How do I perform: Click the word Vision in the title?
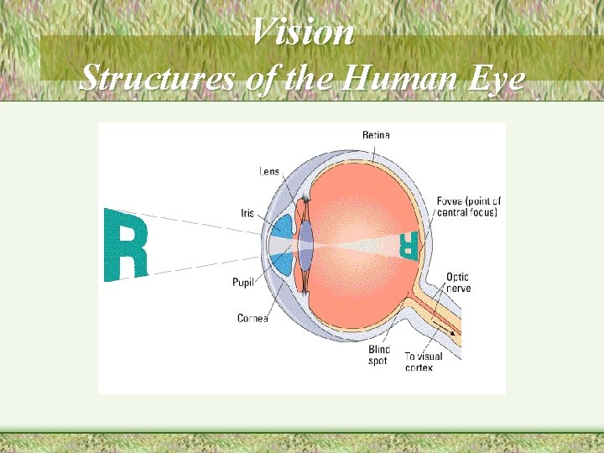303,34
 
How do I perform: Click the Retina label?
375,135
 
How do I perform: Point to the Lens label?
268,172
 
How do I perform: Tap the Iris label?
247,213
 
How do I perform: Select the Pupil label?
243,282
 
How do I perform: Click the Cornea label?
253,319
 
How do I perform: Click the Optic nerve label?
457,282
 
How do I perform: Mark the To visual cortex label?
423,362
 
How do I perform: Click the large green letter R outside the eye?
125,245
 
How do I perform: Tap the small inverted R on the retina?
408,244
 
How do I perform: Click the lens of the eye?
305,245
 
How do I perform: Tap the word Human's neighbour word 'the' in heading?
310,79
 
